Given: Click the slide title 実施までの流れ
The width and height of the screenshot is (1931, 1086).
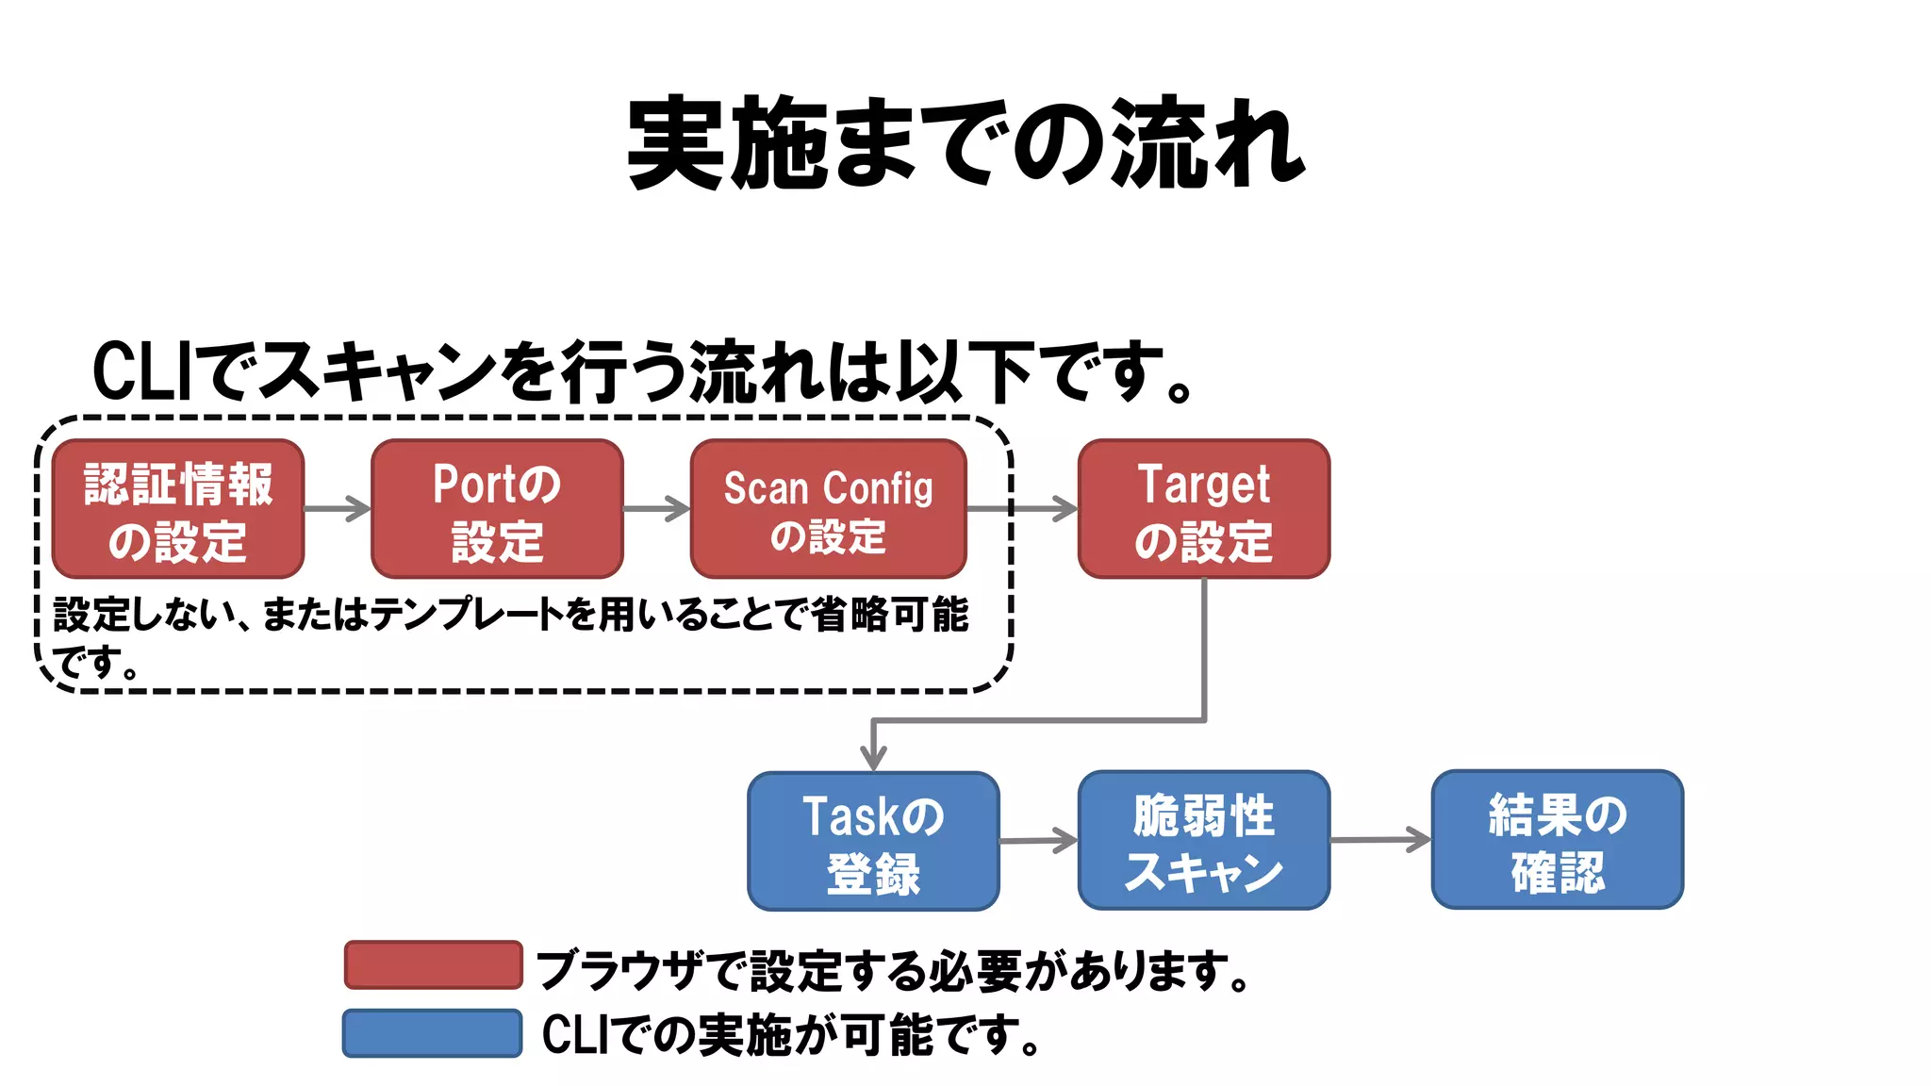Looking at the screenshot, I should click(965, 143).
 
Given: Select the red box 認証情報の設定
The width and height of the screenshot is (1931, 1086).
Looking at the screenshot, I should click(178, 509).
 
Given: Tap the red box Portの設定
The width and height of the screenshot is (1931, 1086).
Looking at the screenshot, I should click(497, 509).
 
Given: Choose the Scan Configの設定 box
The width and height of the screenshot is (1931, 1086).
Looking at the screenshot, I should click(828, 509).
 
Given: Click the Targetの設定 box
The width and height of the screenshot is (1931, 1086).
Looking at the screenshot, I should click(1204, 509).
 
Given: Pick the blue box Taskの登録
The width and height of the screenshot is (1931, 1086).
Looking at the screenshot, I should click(873, 841).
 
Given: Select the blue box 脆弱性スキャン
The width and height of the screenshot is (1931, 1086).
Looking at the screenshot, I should click(1204, 841).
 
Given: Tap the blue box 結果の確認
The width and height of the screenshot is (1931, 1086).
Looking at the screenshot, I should click(1558, 841).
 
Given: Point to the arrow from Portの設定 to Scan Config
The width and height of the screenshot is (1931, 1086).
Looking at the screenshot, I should click(656, 509).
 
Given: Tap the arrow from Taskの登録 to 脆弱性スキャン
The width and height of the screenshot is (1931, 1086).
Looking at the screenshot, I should click(1038, 840).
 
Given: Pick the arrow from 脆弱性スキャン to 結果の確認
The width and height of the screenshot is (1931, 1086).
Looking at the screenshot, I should click(1380, 839).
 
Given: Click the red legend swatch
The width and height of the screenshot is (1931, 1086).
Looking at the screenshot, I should click(433, 965).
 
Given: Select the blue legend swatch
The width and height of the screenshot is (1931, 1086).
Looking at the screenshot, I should click(432, 1033).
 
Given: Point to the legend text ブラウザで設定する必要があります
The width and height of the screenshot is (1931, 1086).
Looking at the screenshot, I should click(891, 970).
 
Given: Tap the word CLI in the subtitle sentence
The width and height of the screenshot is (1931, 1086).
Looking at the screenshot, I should click(141, 371).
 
